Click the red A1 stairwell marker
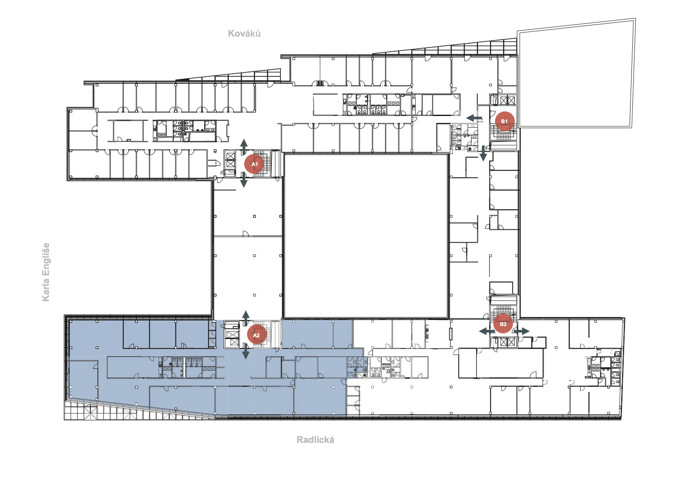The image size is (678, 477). pyautogui.click(x=254, y=164)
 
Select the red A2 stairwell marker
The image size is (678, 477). pyautogui.click(x=257, y=335)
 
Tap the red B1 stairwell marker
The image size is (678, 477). pyautogui.click(x=504, y=121)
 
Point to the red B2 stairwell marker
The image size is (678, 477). pyautogui.click(x=503, y=323)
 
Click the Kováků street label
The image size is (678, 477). pyautogui.click(x=244, y=33)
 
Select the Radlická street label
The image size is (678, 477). pyautogui.click(x=315, y=440)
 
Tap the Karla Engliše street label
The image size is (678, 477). pyautogui.click(x=46, y=272)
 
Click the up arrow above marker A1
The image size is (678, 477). pyautogui.click(x=244, y=147)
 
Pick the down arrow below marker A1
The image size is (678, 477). pyautogui.click(x=244, y=179)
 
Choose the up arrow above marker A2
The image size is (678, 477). pyautogui.click(x=246, y=318)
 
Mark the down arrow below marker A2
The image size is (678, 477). pyautogui.click(x=246, y=351)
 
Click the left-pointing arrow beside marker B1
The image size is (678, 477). pyautogui.click(x=474, y=118)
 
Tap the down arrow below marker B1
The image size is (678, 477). pyautogui.click(x=483, y=154)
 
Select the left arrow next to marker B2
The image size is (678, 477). pyautogui.click(x=487, y=331)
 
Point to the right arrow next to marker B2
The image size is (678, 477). pyautogui.click(x=522, y=331)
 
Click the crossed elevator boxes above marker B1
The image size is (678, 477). pyautogui.click(x=507, y=100)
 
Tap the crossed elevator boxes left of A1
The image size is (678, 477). pyautogui.click(x=230, y=160)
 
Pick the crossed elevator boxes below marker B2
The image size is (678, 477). pyautogui.click(x=507, y=342)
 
